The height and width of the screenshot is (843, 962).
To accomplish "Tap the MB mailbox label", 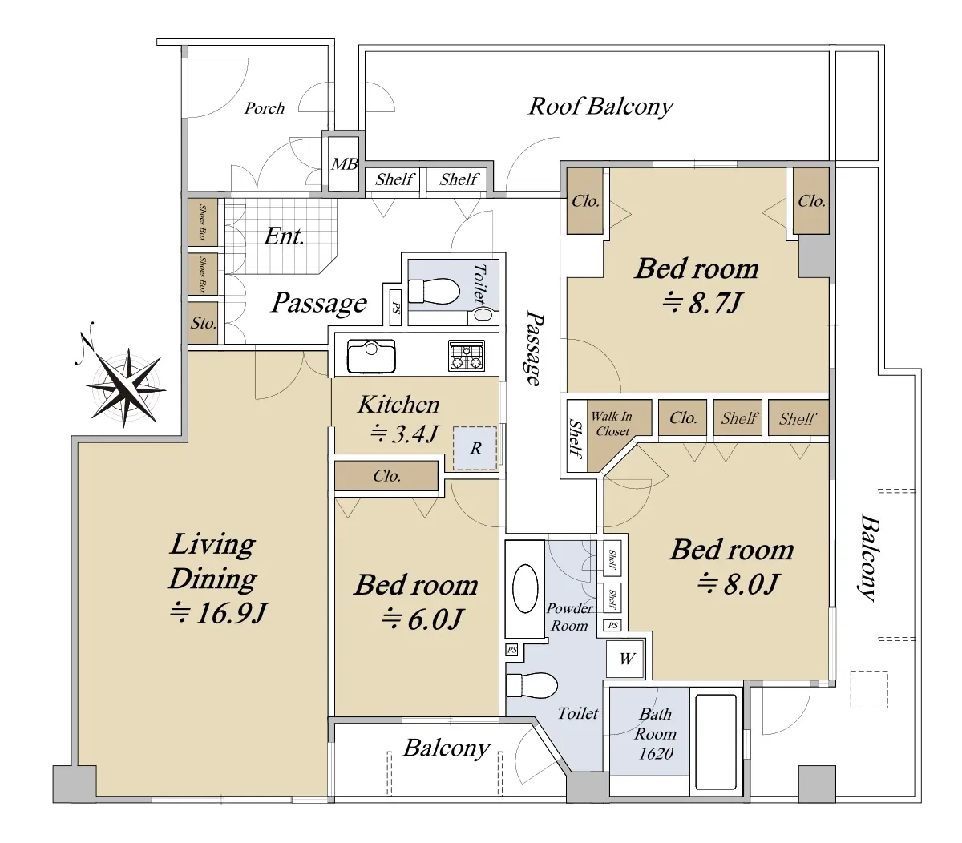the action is [x=344, y=164].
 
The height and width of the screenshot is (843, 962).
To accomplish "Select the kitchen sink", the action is [x=371, y=356].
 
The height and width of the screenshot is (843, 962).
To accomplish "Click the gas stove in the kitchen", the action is [x=467, y=355].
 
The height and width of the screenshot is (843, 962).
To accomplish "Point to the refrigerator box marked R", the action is [x=475, y=448].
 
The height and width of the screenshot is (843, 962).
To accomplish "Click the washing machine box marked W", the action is [x=625, y=659].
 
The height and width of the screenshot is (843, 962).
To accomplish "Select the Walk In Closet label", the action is [x=611, y=423].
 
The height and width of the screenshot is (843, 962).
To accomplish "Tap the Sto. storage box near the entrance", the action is [x=203, y=323].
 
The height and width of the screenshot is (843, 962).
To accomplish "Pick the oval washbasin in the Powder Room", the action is [x=524, y=588].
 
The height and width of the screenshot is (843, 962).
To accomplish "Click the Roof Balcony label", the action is [x=600, y=107].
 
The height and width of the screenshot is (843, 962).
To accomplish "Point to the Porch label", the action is [x=264, y=108].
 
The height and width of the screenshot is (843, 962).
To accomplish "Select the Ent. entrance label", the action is [x=284, y=236].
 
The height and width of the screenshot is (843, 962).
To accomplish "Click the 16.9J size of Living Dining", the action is [x=219, y=613].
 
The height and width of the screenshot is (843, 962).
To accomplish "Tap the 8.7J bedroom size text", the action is [x=701, y=302].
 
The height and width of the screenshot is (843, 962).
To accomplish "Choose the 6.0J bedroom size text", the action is [x=422, y=619].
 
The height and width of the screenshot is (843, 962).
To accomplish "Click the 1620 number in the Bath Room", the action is [x=655, y=754].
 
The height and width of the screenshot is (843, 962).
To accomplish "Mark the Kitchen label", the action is [x=398, y=405].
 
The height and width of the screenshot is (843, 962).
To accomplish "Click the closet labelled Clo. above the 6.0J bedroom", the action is [x=386, y=476].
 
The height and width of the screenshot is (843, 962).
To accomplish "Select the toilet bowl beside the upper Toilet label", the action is [x=433, y=290].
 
